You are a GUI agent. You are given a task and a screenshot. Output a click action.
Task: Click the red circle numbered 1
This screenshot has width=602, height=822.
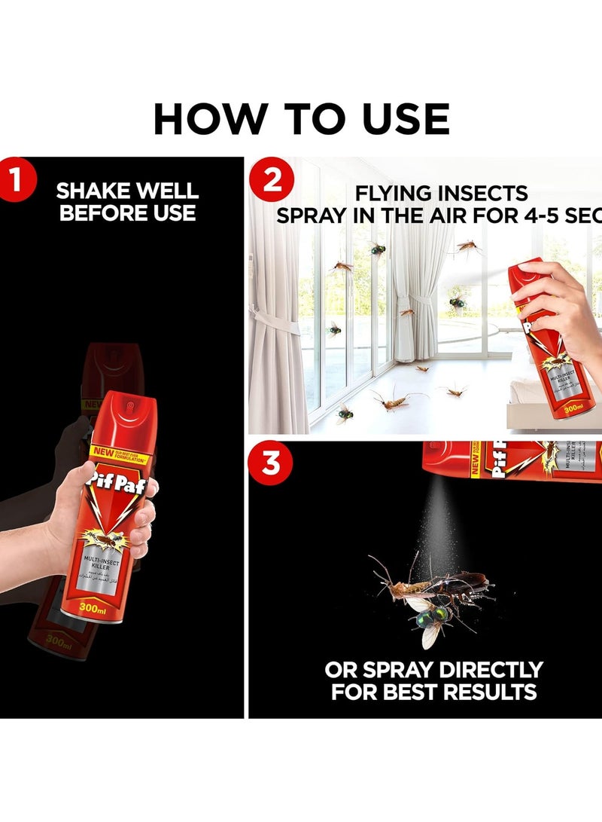pos(17,180)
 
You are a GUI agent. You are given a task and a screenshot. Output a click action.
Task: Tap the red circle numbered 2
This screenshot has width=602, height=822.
pos(272,180)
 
